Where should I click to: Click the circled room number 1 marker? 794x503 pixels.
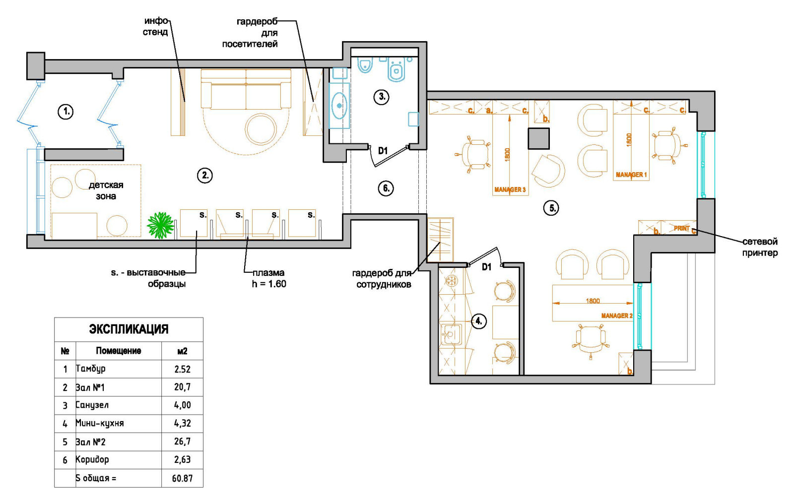click(x=66, y=112)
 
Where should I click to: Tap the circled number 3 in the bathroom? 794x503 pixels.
click(x=382, y=97)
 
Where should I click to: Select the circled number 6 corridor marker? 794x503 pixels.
click(x=386, y=188)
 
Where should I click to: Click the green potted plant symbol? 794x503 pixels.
click(x=160, y=225)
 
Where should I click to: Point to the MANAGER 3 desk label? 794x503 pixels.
click(x=510, y=189)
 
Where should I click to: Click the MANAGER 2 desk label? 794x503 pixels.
click(x=617, y=315)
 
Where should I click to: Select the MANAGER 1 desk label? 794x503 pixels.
click(x=631, y=175)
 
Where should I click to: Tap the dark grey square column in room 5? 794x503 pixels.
click(x=539, y=139)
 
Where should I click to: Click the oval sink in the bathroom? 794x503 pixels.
click(x=339, y=106)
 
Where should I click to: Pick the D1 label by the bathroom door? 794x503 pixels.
click(x=383, y=151)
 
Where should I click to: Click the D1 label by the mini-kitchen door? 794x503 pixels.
click(x=487, y=267)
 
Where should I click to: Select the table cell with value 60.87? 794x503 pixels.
click(x=182, y=479)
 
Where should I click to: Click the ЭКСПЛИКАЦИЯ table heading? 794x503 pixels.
click(x=129, y=329)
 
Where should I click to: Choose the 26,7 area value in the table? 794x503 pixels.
click(x=182, y=441)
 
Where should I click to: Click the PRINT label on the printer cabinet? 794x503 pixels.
click(x=682, y=229)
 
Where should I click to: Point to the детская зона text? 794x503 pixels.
click(x=106, y=190)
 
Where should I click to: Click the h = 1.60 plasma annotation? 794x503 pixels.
click(x=269, y=284)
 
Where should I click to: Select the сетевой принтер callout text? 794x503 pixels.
click(x=760, y=247)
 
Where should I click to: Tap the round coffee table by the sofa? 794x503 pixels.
click(x=261, y=129)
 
